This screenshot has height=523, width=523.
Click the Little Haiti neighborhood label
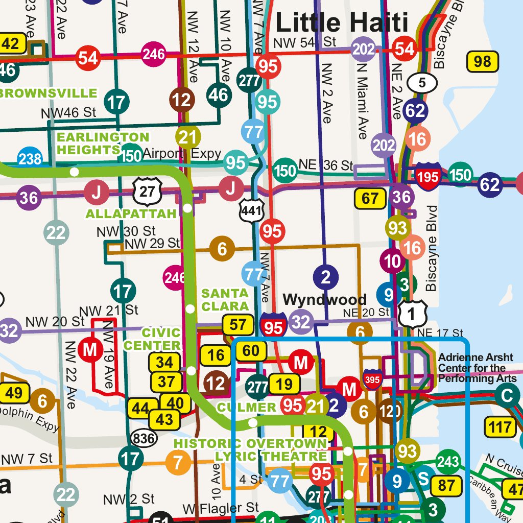(x=342, y=22)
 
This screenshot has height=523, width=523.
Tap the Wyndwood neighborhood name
(x=324, y=299)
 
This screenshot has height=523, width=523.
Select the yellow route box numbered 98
(x=482, y=62)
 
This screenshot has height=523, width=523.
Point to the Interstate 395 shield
(x=372, y=379)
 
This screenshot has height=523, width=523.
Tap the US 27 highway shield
(x=148, y=191)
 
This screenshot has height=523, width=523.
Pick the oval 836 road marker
(x=143, y=437)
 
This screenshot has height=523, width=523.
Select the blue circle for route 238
(x=30, y=159)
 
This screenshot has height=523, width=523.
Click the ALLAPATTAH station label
(x=131, y=213)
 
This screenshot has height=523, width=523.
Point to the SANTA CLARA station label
(x=225, y=300)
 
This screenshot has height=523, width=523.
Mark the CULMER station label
(x=247, y=407)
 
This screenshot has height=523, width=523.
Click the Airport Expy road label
(x=182, y=153)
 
